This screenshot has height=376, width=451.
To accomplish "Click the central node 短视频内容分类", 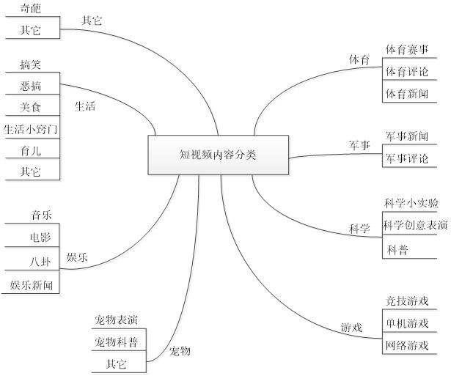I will coord(219,155).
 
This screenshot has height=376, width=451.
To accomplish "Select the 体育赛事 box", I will coord(406,50).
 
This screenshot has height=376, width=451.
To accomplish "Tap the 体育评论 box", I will coord(406,72).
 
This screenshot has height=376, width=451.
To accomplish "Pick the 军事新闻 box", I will coord(406,136).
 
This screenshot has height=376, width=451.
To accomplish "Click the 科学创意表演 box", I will coord(415,225).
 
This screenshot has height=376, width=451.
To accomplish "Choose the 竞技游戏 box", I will coord(406,301).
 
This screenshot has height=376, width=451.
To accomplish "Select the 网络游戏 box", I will coord(406,344).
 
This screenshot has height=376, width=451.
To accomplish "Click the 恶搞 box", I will coord(31,86).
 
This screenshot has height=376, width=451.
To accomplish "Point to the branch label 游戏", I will coord(351,328).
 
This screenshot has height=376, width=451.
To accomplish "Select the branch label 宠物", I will coord(180,351).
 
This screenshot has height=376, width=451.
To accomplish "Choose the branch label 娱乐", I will coord(78,257).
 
